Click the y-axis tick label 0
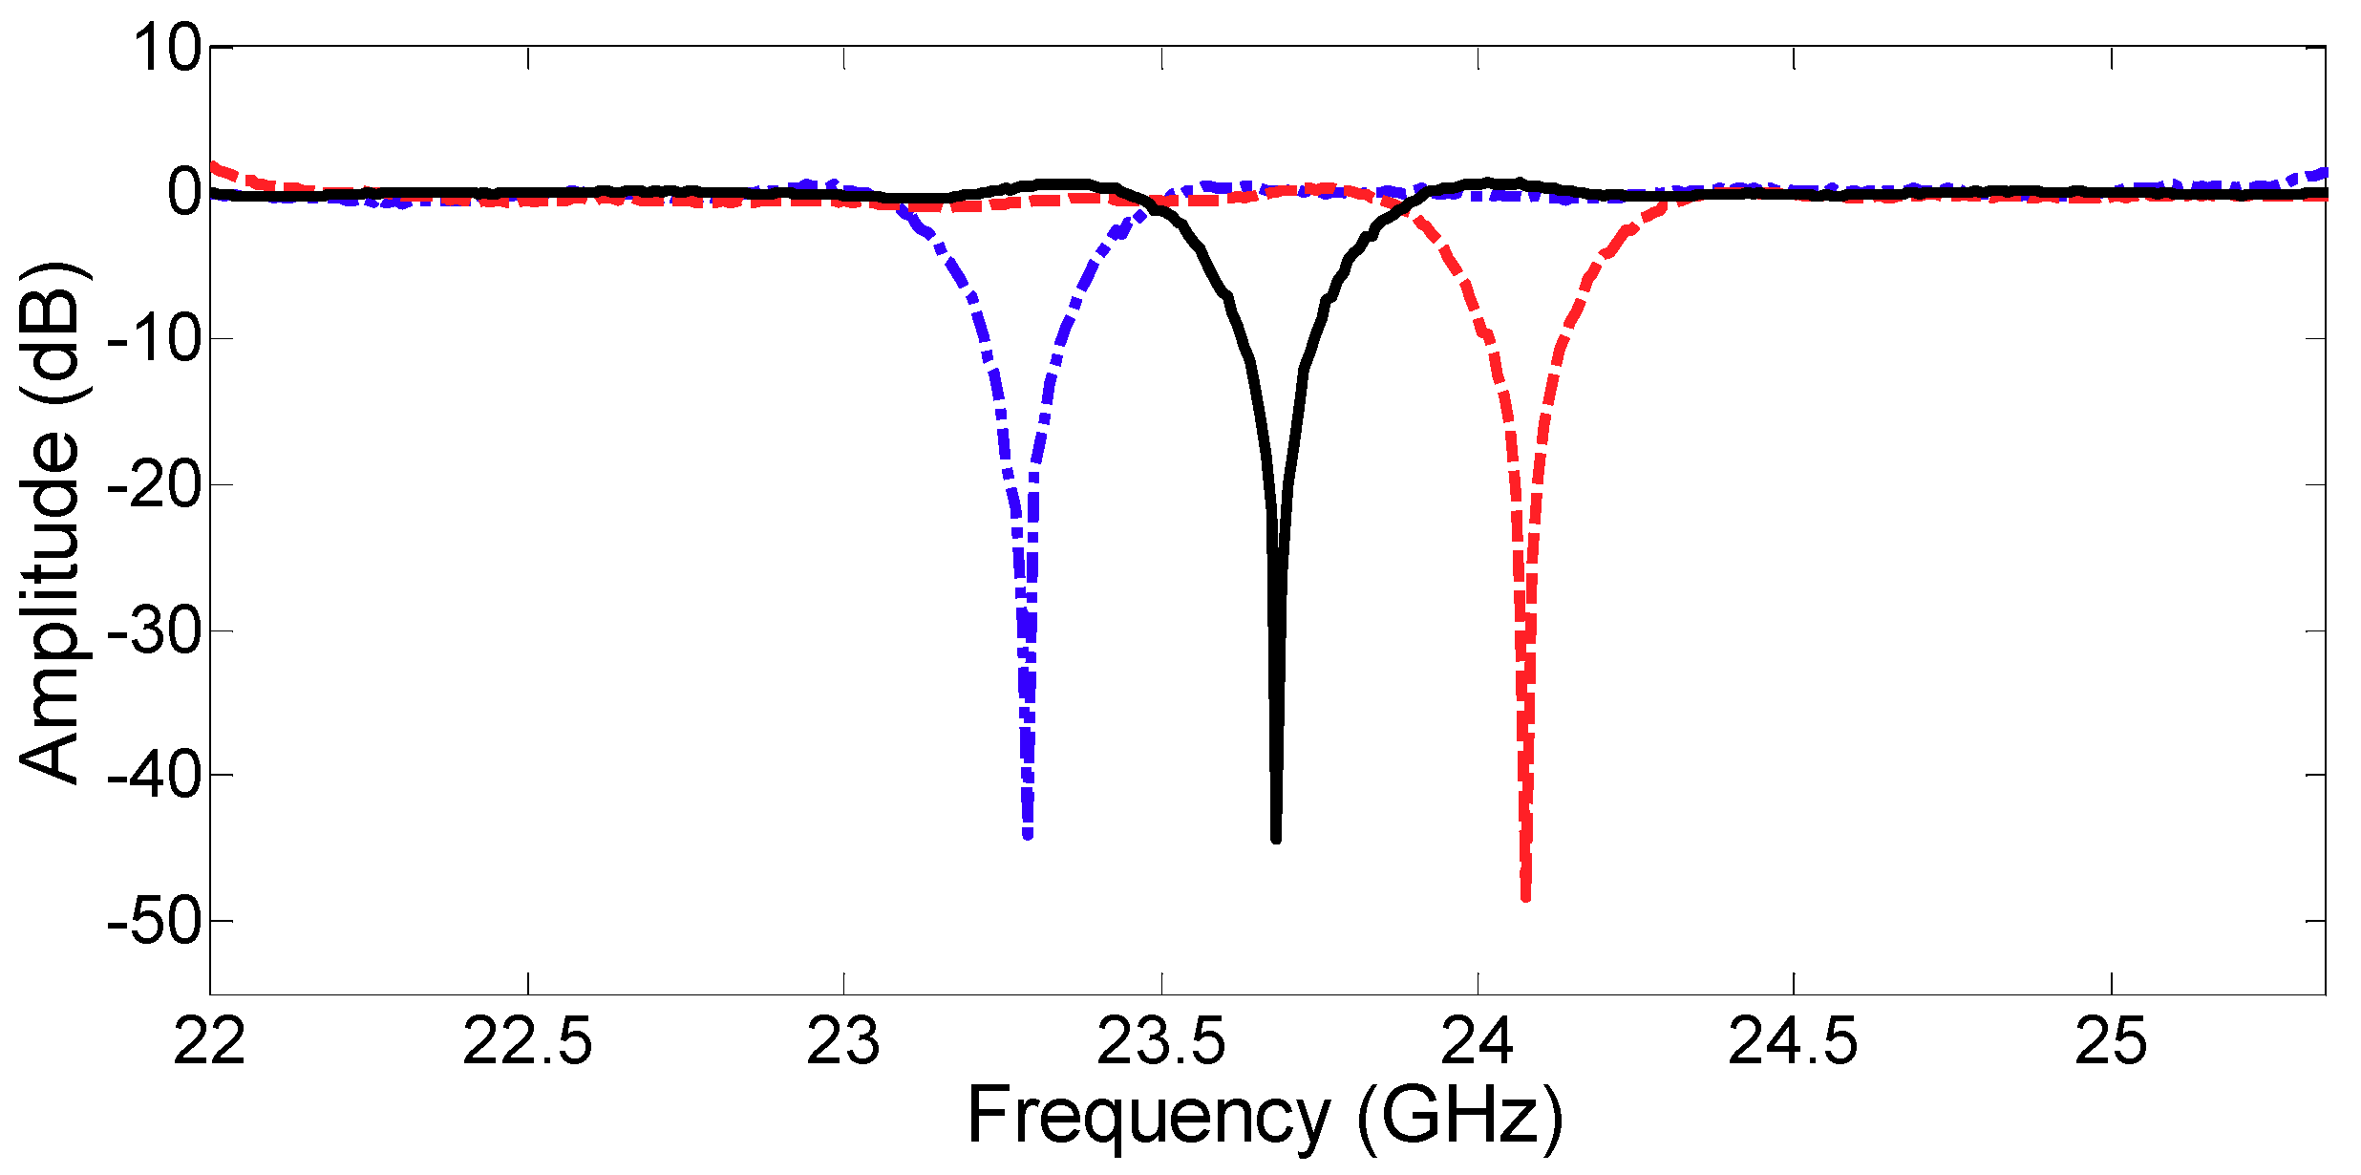184,193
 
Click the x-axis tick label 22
209,1041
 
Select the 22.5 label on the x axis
527,1041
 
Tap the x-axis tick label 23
843,1041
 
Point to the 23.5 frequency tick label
1160,1041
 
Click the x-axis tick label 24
1478,1041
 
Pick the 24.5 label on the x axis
1793,1041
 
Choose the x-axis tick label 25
2111,1041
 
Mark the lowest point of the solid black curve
1276,839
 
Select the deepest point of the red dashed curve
1525,896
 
